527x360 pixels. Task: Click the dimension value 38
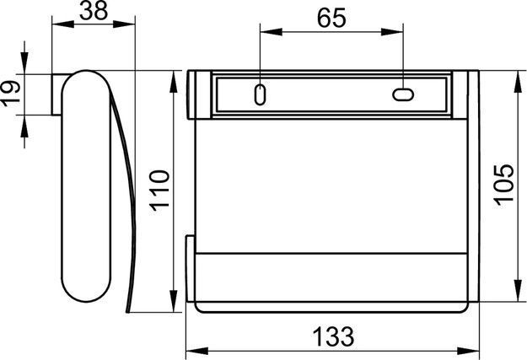(94, 10)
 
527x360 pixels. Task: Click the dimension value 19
(11, 93)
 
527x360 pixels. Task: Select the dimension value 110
(159, 191)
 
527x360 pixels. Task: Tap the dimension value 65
(331, 18)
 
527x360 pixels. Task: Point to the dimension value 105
(503, 185)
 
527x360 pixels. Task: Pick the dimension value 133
(333, 336)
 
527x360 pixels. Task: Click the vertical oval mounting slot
(261, 94)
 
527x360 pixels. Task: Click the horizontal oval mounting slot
(403, 94)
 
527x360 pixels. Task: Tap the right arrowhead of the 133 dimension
(468, 351)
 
